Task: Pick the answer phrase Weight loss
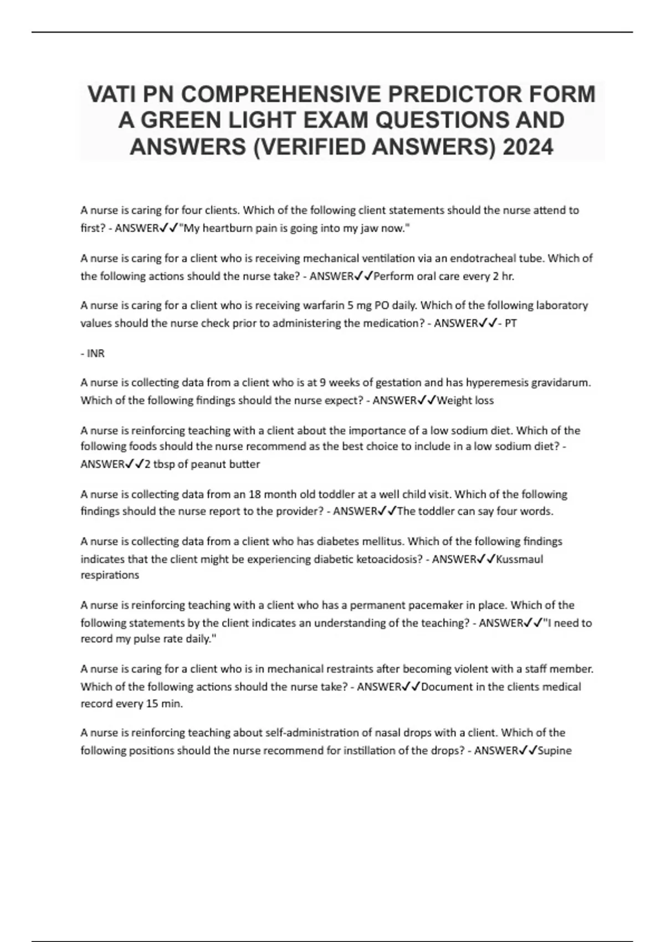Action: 465,400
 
